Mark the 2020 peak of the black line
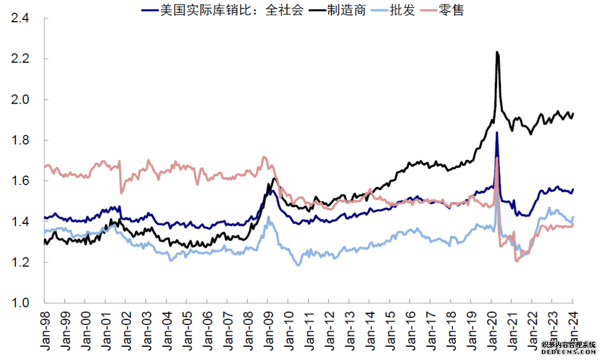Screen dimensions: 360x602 [497, 52]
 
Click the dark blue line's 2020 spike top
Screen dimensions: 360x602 [497, 133]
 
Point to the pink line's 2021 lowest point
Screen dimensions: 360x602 [517, 261]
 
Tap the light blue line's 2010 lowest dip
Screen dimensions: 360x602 [298, 265]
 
